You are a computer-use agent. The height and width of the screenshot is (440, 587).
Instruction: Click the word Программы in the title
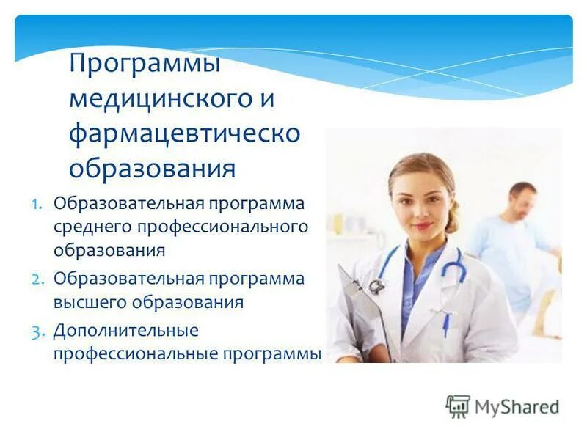click(x=145, y=65)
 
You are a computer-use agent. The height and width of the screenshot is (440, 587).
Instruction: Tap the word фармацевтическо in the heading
click(x=184, y=133)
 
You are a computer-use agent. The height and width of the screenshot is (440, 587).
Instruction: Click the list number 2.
click(x=38, y=279)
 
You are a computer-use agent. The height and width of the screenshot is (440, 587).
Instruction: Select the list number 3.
click(x=38, y=331)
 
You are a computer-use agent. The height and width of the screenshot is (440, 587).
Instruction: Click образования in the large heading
click(x=152, y=169)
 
